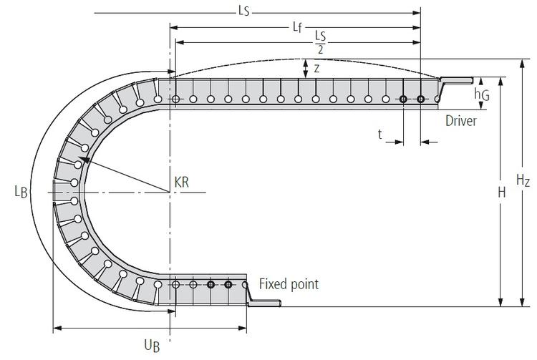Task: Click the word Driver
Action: [461, 121]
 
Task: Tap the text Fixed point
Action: [289, 284]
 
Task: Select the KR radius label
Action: [182, 182]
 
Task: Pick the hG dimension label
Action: [482, 94]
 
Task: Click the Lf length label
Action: [297, 27]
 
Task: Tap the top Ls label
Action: [246, 11]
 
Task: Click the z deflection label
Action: [316, 69]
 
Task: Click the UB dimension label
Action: [150, 345]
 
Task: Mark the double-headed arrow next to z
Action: [306, 68]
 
